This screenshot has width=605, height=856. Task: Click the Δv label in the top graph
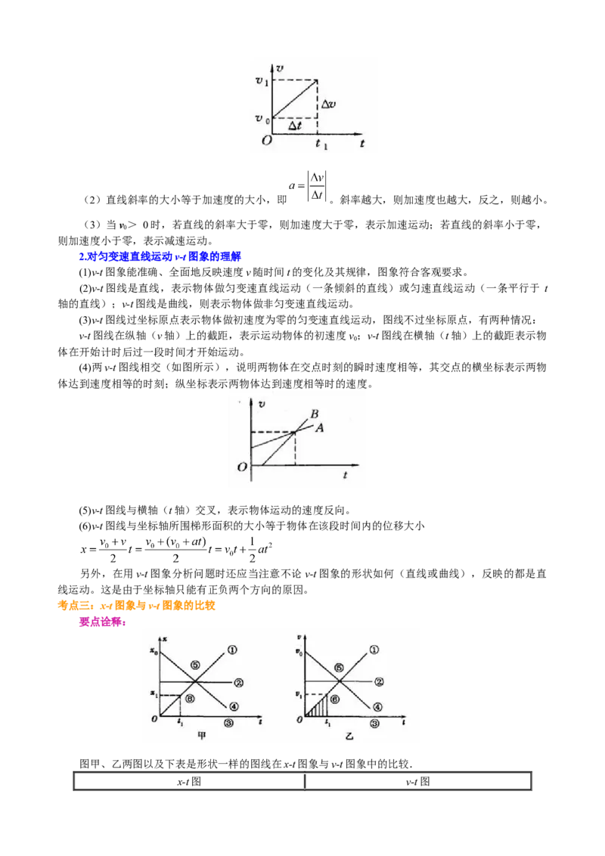(329, 104)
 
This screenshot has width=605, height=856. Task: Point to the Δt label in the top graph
(295, 126)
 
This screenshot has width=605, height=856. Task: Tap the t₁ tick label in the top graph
(321, 144)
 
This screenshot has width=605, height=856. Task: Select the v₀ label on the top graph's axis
(262, 119)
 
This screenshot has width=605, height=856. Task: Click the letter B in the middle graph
(315, 414)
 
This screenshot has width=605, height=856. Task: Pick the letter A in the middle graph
(319, 428)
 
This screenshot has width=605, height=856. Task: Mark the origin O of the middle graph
(242, 467)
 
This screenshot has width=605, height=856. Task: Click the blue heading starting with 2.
(160, 256)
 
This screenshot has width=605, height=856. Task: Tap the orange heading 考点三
(137, 606)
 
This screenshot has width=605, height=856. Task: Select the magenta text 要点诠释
(103, 622)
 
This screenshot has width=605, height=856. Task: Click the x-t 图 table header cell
(189, 782)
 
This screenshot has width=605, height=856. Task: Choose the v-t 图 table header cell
(417, 782)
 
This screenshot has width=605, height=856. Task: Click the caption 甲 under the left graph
(201, 735)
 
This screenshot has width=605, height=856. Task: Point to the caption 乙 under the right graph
(349, 736)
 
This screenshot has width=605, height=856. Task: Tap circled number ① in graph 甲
(232, 650)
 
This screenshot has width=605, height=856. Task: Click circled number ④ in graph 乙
(377, 707)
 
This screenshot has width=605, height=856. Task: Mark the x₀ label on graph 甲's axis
(154, 651)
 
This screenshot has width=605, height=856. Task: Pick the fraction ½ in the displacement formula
(253, 550)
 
